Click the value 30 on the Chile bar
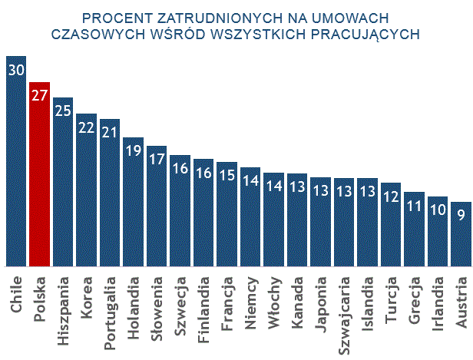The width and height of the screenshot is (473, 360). click(16, 70)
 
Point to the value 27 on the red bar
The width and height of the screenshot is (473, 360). click(40, 96)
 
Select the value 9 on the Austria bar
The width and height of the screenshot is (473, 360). click(461, 216)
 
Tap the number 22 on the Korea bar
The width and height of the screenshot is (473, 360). click(87, 127)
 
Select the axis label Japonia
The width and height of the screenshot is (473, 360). click(320, 300)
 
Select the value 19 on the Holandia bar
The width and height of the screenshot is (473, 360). click(133, 151)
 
